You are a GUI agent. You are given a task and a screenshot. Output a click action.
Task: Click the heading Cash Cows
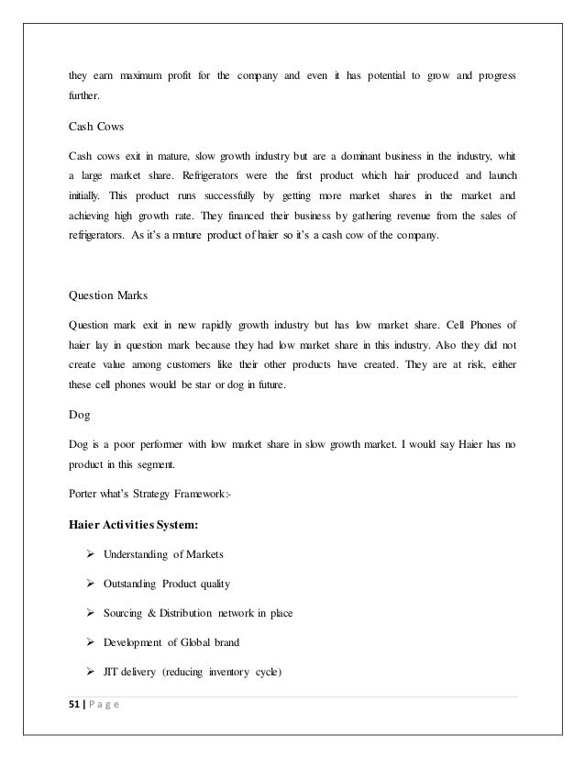click(94, 127)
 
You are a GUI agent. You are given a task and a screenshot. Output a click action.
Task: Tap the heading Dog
click(79, 415)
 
